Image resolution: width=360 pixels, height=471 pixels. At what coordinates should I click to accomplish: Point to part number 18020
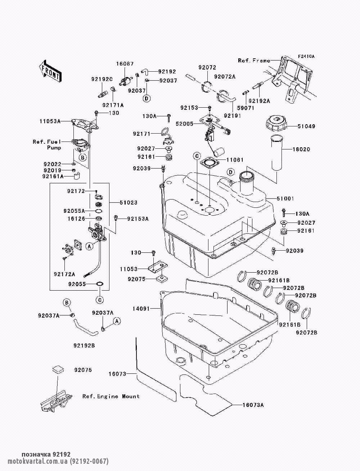click(x=301, y=149)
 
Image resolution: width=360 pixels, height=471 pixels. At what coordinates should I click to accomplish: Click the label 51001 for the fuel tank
click(x=285, y=198)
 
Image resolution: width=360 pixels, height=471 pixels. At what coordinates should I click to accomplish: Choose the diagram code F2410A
click(x=306, y=57)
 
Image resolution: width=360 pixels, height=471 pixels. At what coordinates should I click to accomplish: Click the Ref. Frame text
click(x=254, y=60)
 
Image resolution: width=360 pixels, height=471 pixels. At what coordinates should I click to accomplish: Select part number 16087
click(x=125, y=64)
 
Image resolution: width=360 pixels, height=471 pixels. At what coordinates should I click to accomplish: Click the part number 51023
click(x=128, y=203)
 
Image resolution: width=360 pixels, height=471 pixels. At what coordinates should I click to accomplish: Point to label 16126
click(x=76, y=218)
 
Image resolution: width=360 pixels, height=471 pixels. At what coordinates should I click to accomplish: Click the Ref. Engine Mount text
click(x=111, y=396)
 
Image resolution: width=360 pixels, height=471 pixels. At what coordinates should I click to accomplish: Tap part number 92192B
click(x=84, y=346)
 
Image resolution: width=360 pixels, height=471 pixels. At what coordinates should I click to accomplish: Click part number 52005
click(x=184, y=124)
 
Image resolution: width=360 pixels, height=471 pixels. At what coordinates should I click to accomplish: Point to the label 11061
click(x=235, y=160)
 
